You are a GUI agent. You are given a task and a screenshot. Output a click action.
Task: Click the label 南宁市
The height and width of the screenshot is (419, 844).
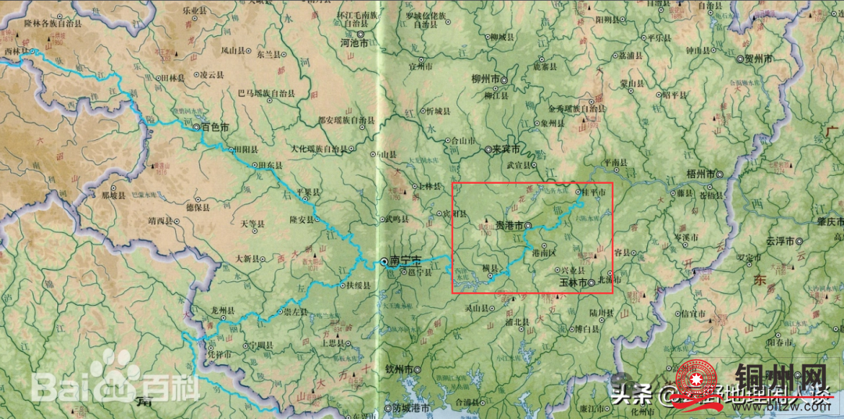tap(406, 260)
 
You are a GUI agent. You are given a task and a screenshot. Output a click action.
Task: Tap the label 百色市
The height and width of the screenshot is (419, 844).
tap(216, 127)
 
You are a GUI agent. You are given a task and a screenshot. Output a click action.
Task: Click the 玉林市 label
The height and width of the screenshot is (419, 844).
tap(574, 281)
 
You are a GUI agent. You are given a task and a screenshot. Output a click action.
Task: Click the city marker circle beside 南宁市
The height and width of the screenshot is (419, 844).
tap(384, 260)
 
